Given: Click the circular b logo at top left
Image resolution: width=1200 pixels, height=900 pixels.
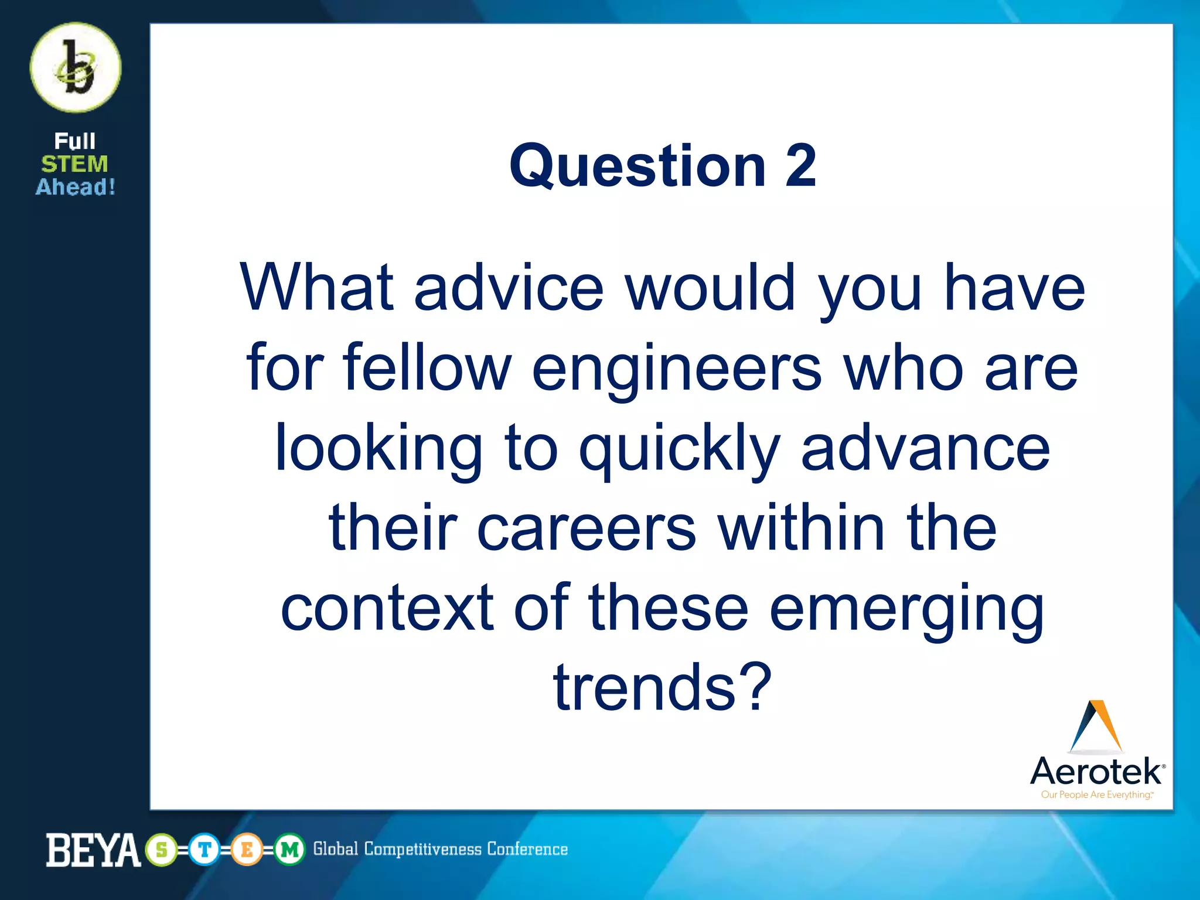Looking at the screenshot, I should click(76, 67).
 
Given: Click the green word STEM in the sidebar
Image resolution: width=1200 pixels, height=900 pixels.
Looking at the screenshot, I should click(74, 164).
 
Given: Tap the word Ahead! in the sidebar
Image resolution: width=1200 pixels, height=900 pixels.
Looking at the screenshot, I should click(76, 187).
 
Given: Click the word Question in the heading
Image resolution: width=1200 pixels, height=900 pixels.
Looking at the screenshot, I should click(637, 167).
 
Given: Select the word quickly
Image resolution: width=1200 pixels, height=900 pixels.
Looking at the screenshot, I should click(680, 449).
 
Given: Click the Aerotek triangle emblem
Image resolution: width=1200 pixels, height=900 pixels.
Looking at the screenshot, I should click(1096, 726).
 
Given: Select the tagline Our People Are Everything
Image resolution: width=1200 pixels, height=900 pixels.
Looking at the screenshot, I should click(1096, 795).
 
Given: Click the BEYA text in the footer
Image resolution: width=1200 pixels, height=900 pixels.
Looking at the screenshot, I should click(93, 850).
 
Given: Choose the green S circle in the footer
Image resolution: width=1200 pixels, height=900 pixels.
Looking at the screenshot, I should click(162, 850).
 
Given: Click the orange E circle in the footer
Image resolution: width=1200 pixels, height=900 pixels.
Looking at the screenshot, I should click(247, 850).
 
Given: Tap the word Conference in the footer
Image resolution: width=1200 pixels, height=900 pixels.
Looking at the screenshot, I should click(527, 849).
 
